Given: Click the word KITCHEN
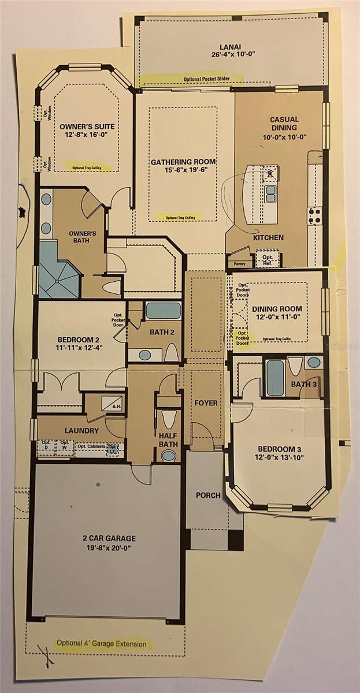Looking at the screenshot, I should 268,237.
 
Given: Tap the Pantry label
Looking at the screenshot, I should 237,263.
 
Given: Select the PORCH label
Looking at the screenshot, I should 207,495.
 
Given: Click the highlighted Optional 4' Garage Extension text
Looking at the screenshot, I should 101,643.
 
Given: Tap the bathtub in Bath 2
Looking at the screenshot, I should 163,311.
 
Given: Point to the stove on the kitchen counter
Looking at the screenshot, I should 315,216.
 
